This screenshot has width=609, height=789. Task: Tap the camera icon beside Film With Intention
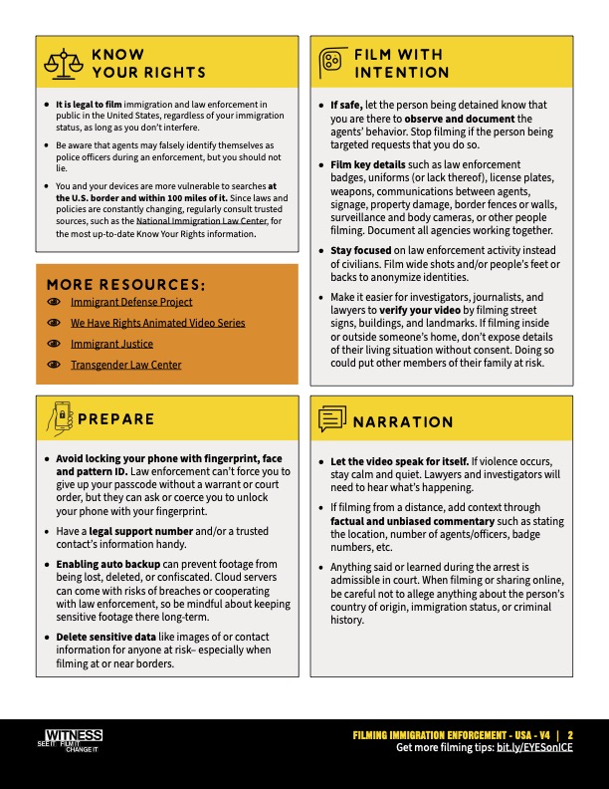coord(330,63)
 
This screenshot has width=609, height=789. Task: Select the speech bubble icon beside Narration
coord(330,420)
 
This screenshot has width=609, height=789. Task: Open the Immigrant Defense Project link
coord(131,302)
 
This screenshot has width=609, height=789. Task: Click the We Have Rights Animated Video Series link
coord(157,323)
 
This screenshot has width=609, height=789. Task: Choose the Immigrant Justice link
coord(111,344)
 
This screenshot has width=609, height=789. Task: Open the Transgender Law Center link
coord(125,365)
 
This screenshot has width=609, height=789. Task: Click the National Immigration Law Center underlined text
coord(194,224)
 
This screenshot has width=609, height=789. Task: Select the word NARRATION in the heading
coord(403,422)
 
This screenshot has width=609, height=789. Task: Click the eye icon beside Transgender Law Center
coord(54,365)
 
